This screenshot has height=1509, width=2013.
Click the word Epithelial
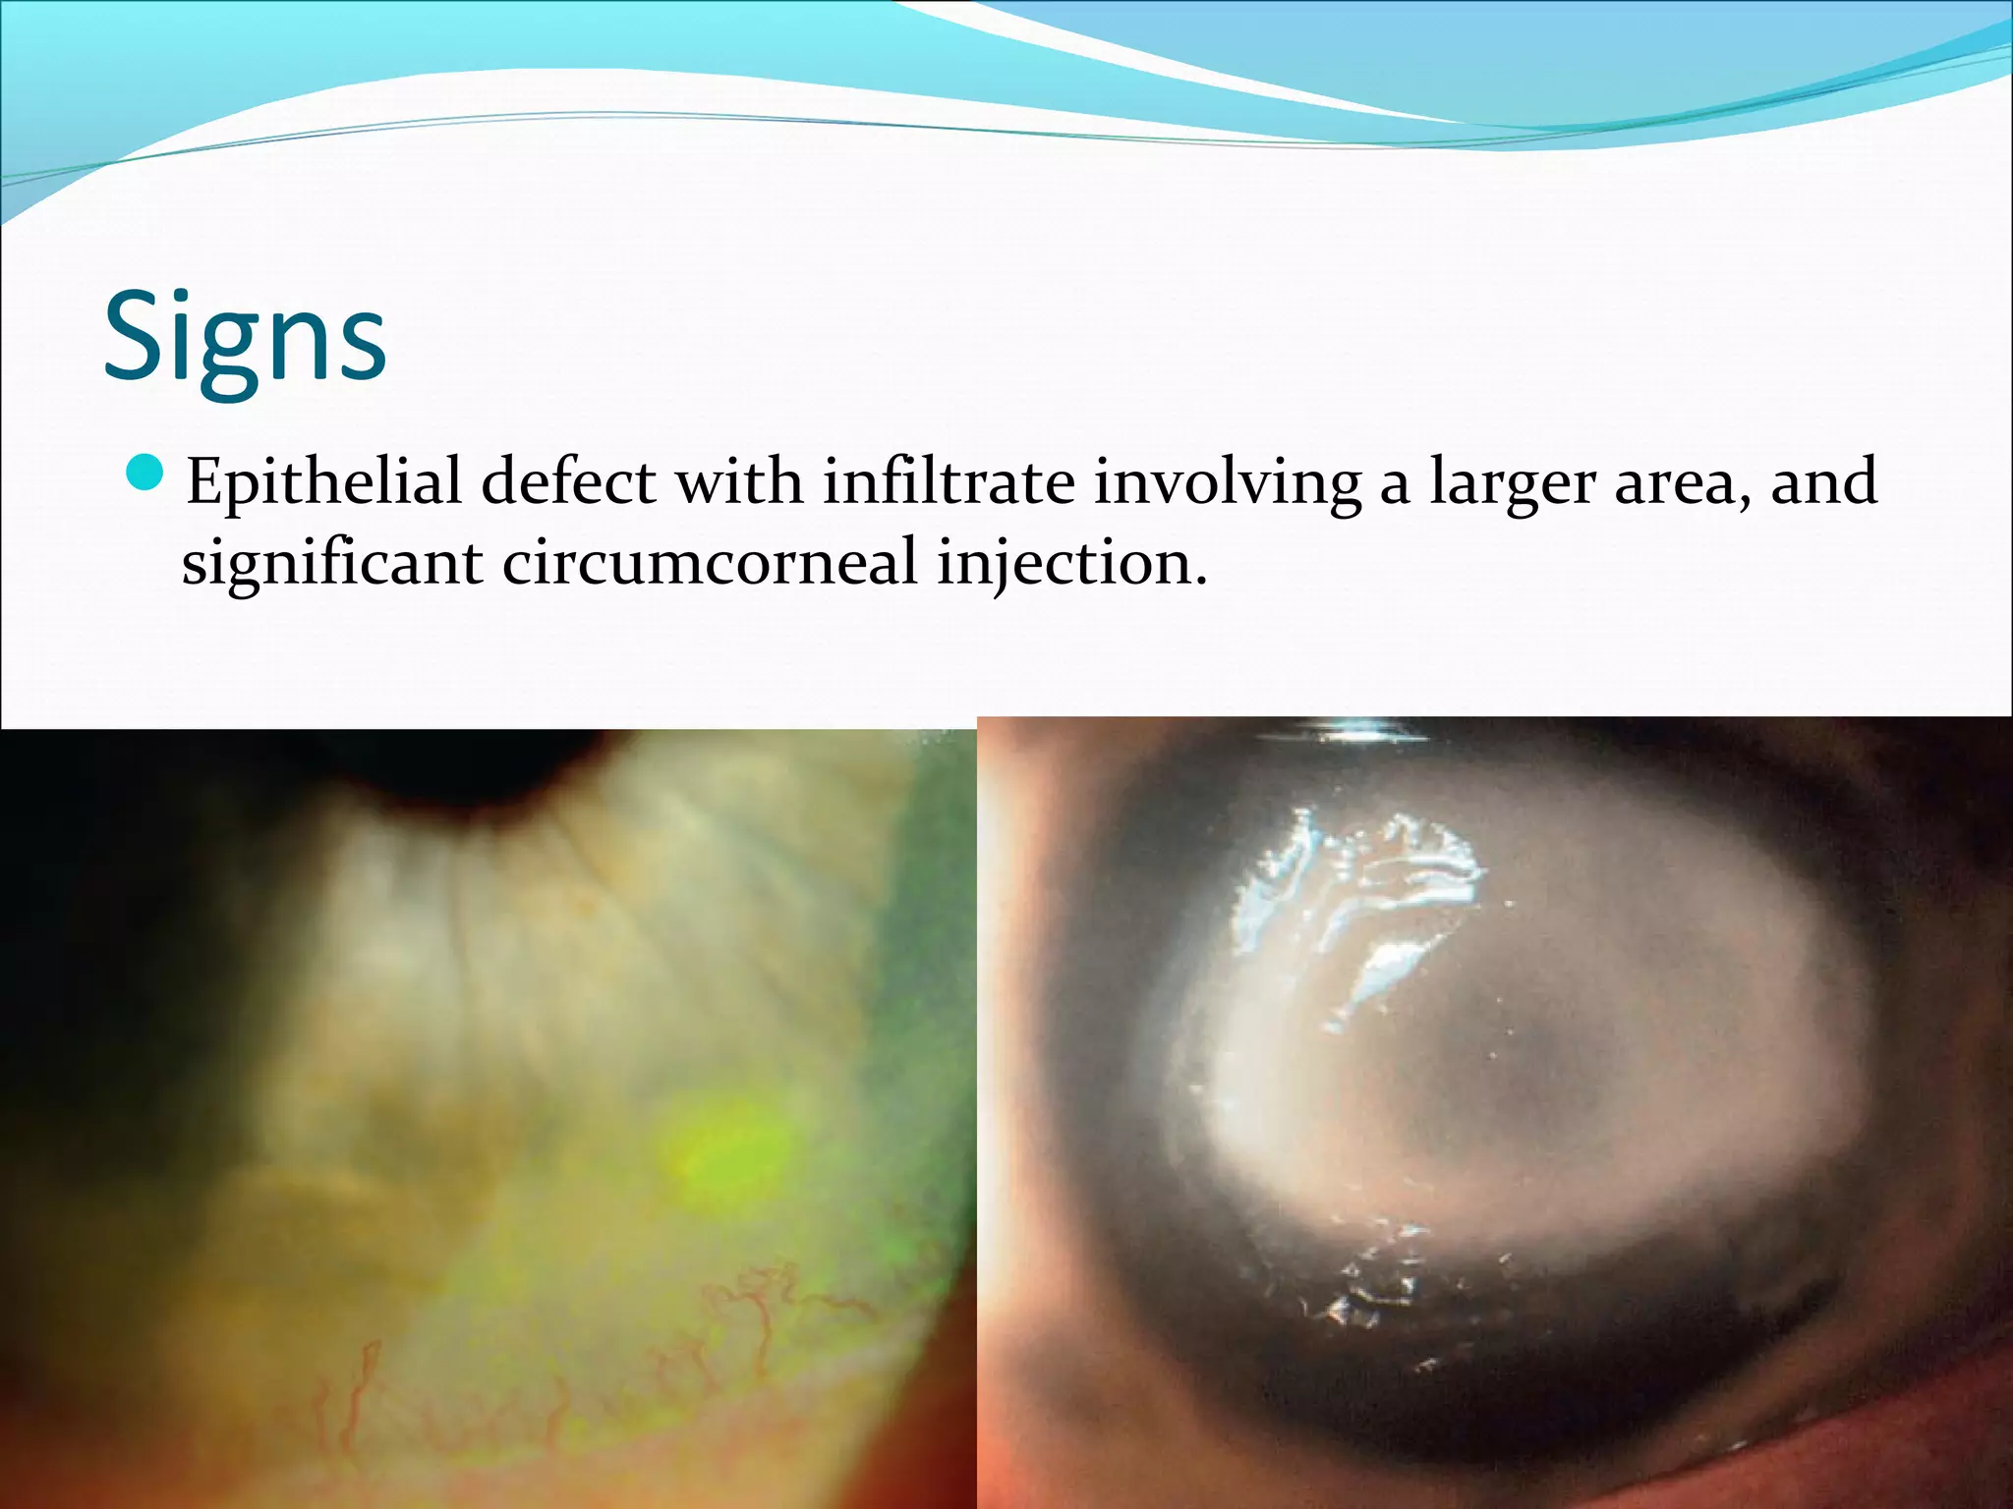(x=323, y=483)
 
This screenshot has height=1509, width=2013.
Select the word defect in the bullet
(x=568, y=481)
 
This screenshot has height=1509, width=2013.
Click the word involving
(x=1228, y=483)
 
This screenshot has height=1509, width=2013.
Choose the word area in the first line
(x=1684, y=483)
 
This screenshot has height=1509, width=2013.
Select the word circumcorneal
(x=710, y=563)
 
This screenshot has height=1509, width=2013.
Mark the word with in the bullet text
(x=739, y=481)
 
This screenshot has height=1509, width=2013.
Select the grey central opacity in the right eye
(x=1533, y=1071)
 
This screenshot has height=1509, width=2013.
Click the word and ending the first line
(x=1823, y=481)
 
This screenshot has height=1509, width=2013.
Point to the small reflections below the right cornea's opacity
(x=1376, y=1277)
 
